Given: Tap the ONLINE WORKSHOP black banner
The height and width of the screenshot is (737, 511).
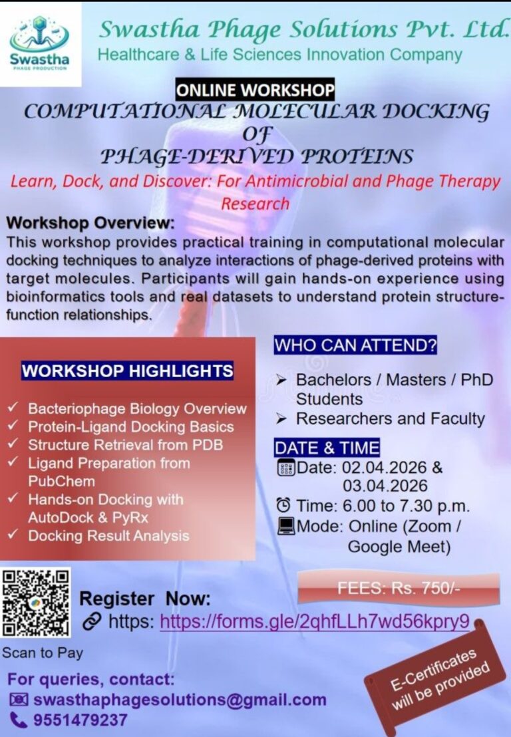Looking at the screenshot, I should pos(255,89).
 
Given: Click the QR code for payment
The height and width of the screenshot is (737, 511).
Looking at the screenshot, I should pos(36,603).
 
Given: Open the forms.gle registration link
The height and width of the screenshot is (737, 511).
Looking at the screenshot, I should pos(315,621).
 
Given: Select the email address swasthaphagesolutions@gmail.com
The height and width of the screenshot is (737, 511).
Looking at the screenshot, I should pos(180,700).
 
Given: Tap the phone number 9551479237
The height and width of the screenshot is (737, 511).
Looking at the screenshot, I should pos(81,720).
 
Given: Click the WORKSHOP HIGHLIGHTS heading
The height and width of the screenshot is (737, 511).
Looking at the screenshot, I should pos(128,370).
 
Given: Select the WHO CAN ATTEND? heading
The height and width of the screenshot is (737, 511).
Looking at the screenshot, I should pos(355,346).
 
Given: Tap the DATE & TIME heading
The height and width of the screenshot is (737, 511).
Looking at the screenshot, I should pos(327,447).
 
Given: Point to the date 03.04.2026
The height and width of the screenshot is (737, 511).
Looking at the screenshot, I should pos(385,486).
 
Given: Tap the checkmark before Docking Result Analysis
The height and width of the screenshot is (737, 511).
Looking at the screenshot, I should pos(14,535).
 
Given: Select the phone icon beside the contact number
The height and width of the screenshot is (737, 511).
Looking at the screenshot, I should pos(19,720).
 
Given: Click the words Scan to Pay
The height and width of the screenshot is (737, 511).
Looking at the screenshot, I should pos(43,653).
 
